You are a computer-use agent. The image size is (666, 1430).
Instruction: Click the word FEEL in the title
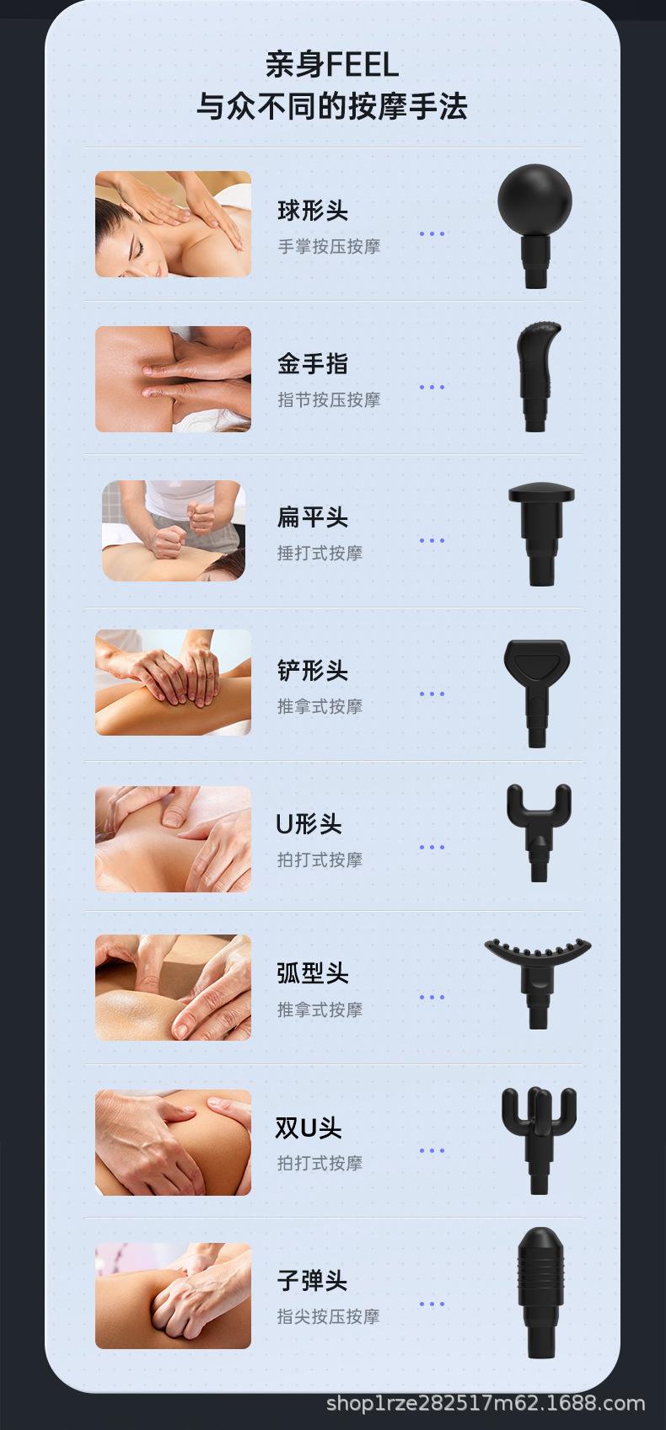[362, 65]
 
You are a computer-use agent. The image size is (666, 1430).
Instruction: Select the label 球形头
[313, 211]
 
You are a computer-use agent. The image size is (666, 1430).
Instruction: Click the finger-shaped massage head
[534, 375]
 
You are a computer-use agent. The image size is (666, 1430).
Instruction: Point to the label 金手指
[313, 364]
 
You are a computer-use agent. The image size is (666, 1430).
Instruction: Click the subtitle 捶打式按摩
[320, 554]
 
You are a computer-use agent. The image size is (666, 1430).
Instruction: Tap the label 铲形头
[313, 671]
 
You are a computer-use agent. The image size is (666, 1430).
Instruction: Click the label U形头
[309, 824]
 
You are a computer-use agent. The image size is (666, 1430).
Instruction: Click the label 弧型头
[313, 973]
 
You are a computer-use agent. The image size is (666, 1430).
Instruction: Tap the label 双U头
[309, 1127]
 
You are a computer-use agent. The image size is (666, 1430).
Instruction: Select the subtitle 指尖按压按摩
[329, 1316]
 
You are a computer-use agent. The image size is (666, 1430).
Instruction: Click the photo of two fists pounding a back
[174, 531]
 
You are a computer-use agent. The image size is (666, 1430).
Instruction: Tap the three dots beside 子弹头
[432, 1304]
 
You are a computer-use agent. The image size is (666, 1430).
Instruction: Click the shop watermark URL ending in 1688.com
[486, 1404]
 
